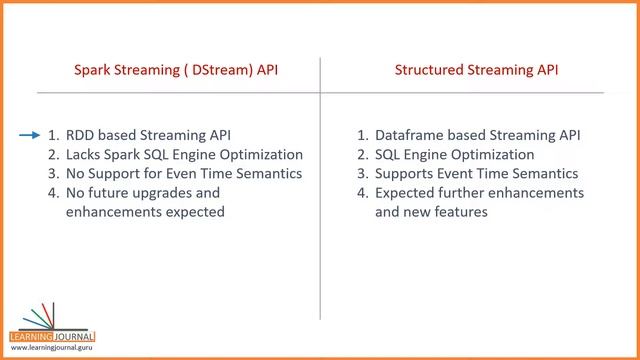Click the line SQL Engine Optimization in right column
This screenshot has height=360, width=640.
pyautogui.click(x=454, y=154)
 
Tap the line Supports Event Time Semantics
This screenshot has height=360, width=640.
pyautogui.click(x=469, y=173)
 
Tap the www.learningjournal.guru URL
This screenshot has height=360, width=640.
pyautogui.click(x=52, y=347)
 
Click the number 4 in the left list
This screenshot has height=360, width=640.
pyautogui.click(x=53, y=192)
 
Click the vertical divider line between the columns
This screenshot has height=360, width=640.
pyautogui.click(x=320, y=200)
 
